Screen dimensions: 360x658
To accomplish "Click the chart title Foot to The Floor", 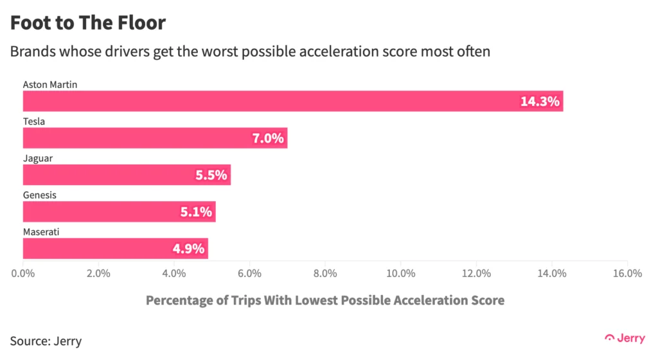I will [88, 23].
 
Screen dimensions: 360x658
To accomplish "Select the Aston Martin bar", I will [292, 101].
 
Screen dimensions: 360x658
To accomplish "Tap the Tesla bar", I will [154, 138].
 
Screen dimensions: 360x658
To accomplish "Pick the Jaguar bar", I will [126, 175].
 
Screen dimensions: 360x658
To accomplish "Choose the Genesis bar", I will [119, 212].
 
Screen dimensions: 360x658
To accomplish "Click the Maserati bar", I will [115, 248].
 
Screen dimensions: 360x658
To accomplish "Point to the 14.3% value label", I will [540, 102].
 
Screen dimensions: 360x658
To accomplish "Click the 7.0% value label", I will [267, 138].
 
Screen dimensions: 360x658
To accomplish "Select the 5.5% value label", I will [211, 175].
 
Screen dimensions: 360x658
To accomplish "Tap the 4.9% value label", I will [188, 249].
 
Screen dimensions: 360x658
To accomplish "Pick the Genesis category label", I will [40, 195].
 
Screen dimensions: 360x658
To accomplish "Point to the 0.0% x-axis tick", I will [23, 273].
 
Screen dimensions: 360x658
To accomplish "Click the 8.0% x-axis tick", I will [325, 273].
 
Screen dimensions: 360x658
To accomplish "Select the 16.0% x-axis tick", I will [627, 273].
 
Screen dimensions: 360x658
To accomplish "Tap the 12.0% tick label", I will [476, 273].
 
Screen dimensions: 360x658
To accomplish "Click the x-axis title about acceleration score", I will [325, 300].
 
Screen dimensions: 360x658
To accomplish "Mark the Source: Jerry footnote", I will [46, 341].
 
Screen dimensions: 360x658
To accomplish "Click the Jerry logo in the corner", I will [625, 337].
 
